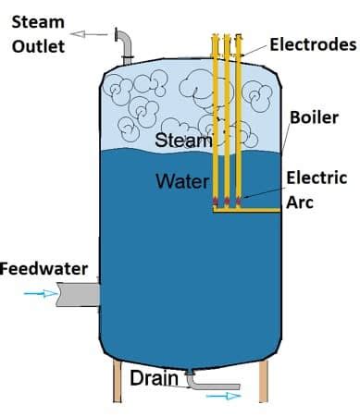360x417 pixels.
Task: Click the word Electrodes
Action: (x=313, y=43)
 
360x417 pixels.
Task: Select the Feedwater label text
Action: (x=43, y=269)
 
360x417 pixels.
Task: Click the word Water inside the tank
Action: (x=181, y=180)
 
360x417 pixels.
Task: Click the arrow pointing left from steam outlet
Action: (x=91, y=34)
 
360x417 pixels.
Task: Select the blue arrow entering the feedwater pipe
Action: (x=33, y=294)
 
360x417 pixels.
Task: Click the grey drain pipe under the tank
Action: (x=213, y=384)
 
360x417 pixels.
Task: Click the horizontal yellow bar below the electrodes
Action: (x=245, y=212)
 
